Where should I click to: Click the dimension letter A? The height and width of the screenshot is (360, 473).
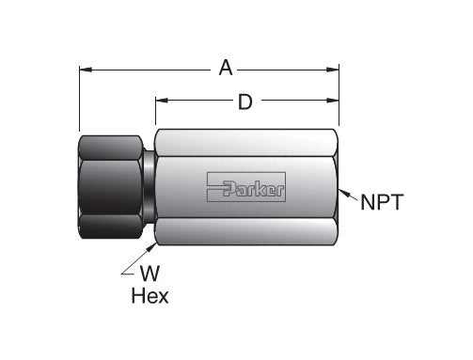pyautogui.click(x=226, y=68)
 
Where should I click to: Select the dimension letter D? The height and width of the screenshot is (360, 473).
pyautogui.click(x=245, y=102)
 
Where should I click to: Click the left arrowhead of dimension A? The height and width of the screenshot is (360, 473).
pyautogui.click(x=85, y=69)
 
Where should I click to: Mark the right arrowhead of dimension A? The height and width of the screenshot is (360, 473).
pyautogui.click(x=333, y=69)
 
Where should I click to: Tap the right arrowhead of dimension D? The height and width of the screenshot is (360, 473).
pyautogui.click(x=333, y=102)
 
